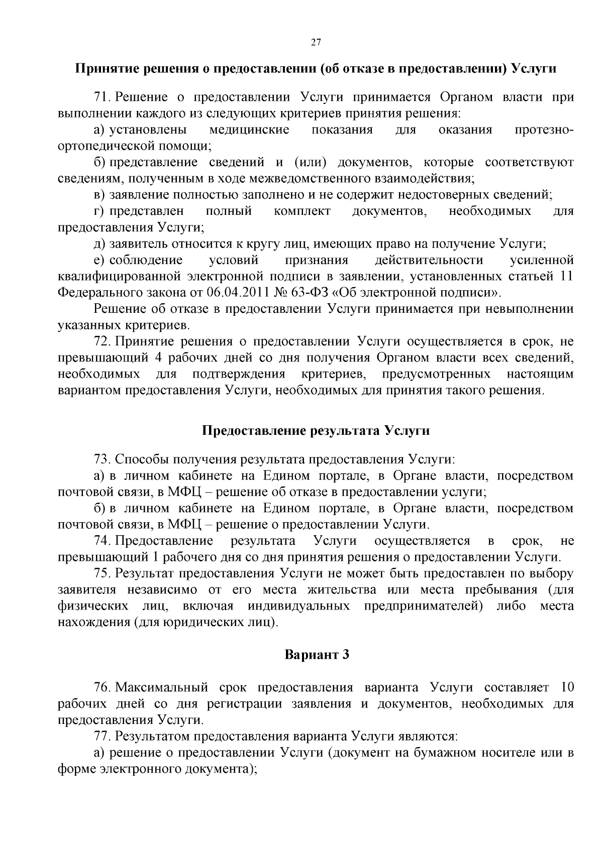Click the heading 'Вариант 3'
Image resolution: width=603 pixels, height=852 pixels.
click(x=317, y=655)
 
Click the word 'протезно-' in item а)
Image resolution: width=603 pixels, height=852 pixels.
click(x=544, y=130)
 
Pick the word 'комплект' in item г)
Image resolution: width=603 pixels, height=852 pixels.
click(x=302, y=211)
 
